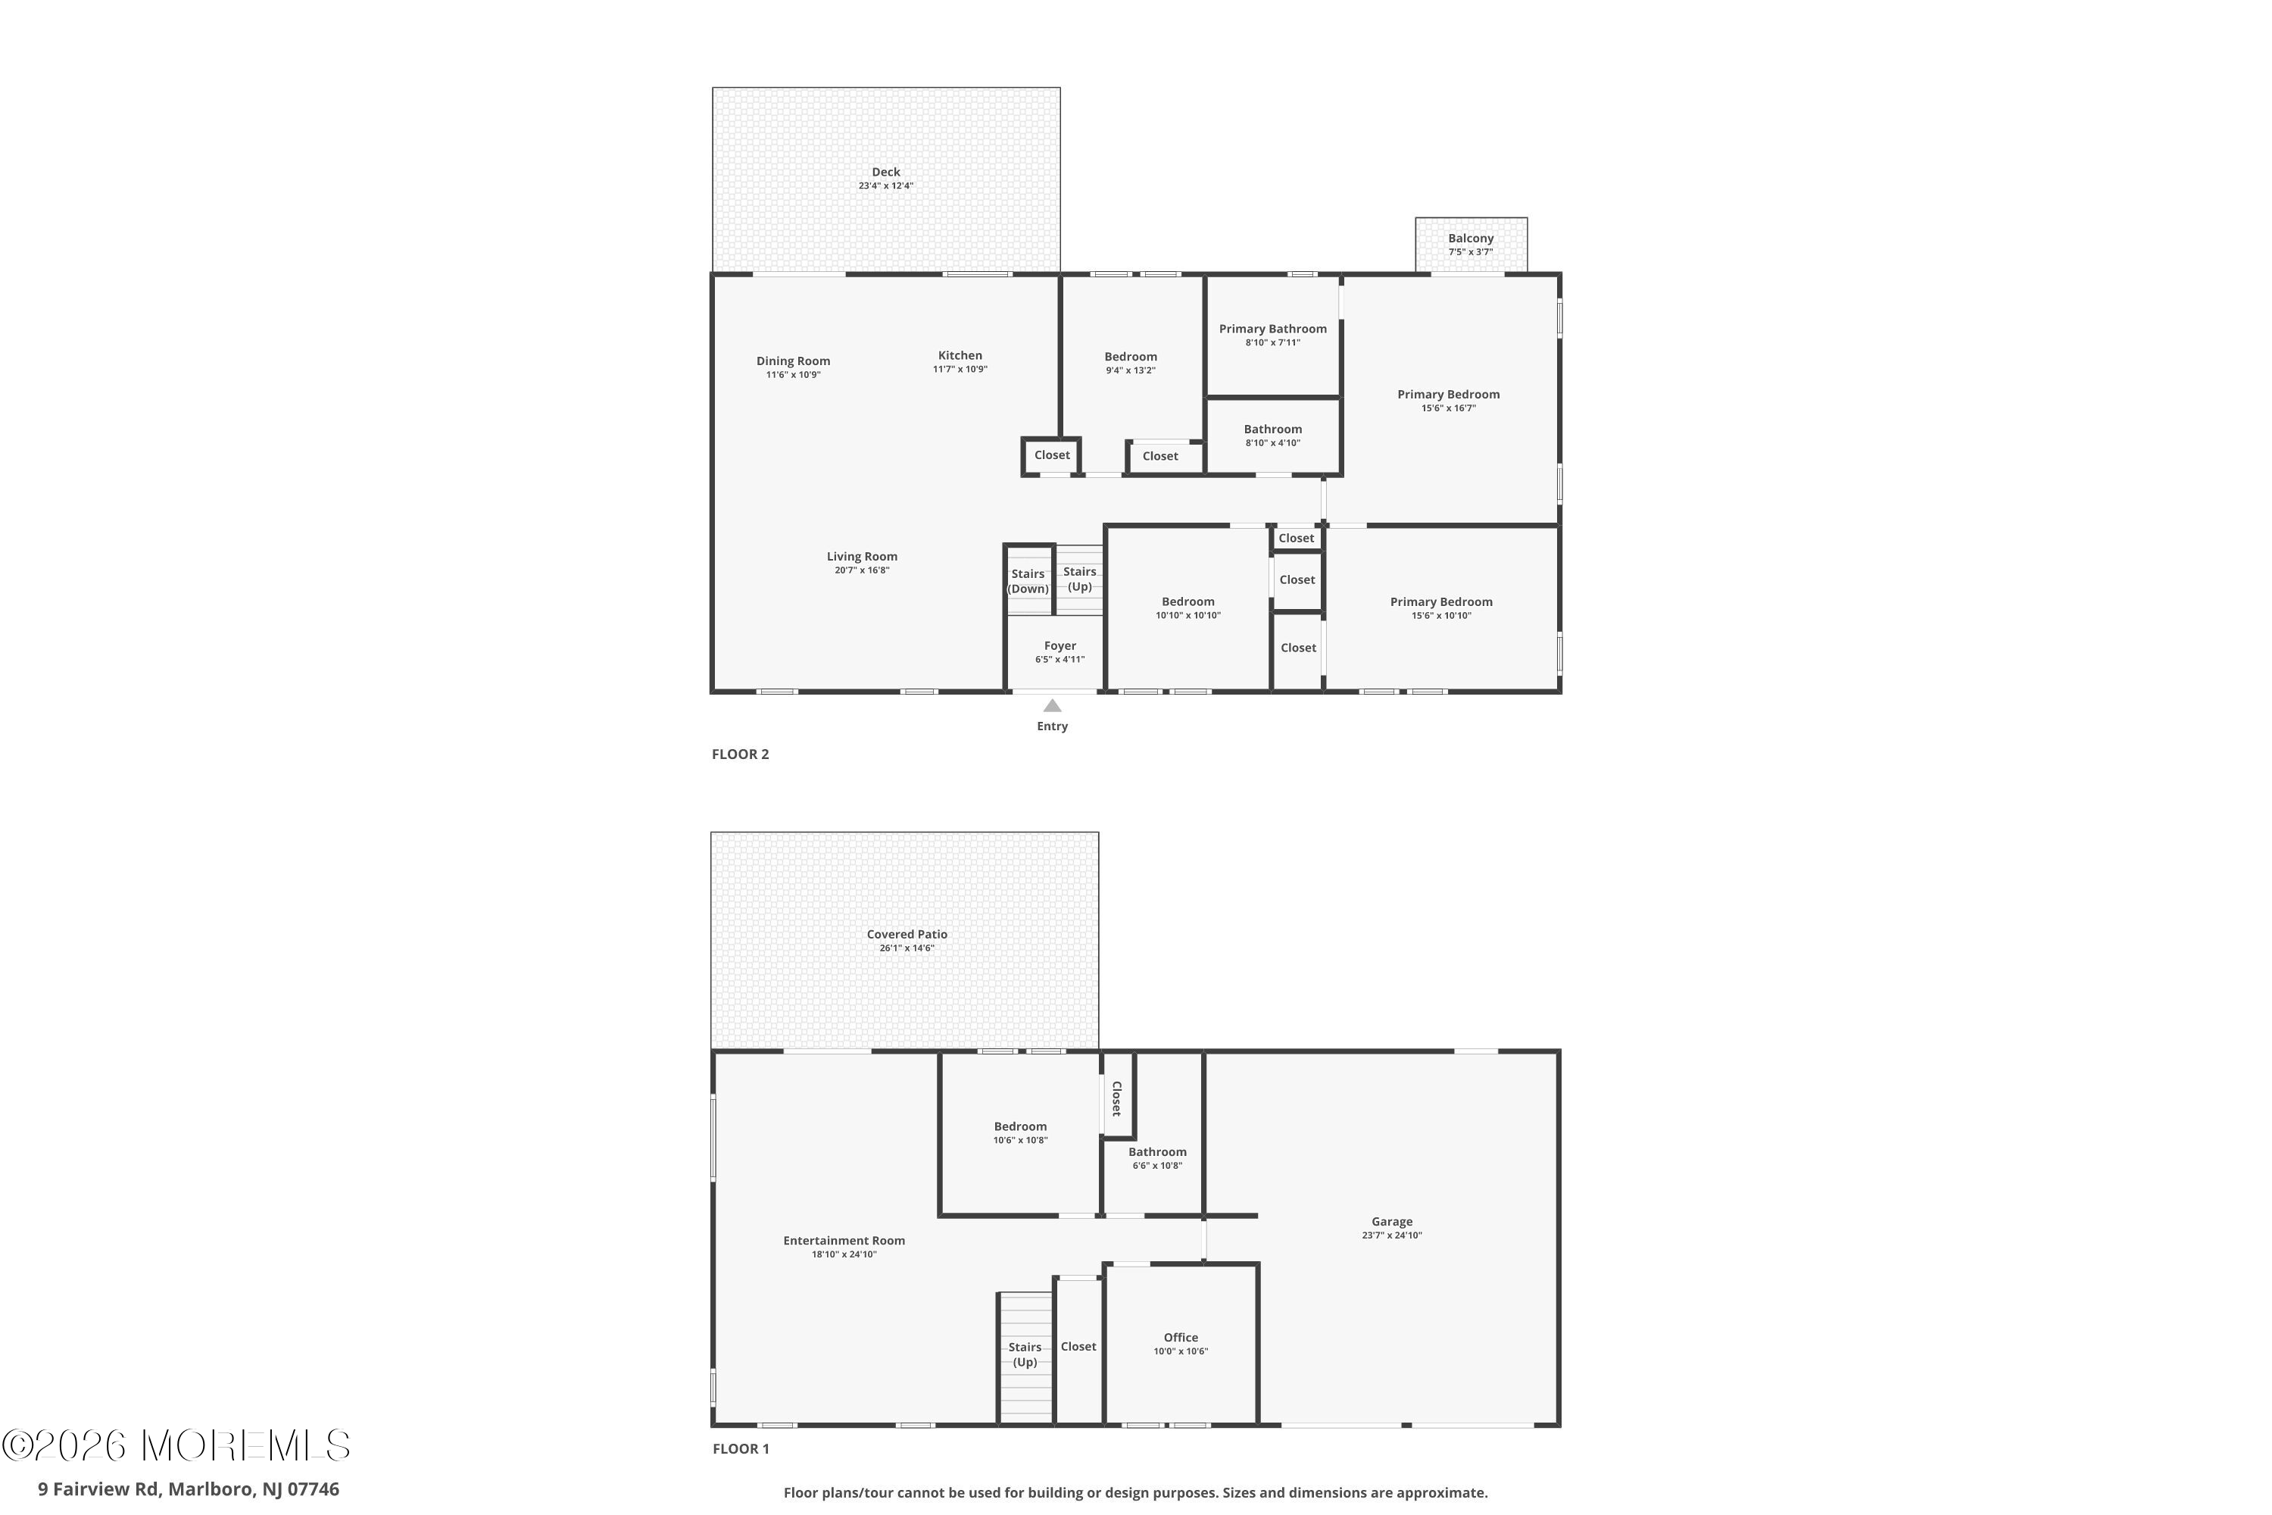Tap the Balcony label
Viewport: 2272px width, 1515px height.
coord(1470,239)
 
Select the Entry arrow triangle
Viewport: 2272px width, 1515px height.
coord(1052,706)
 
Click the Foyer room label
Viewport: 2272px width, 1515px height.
coord(1060,646)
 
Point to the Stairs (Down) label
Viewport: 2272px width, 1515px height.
coord(1028,581)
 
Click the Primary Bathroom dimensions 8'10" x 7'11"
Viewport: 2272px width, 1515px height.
coord(1272,343)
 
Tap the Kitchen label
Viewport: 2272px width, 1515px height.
coord(960,355)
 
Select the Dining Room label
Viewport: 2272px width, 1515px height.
coord(793,361)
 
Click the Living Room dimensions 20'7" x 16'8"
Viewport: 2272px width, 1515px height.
coord(862,571)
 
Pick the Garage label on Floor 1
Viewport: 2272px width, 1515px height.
coord(1391,1221)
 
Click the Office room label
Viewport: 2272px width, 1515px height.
coord(1181,1337)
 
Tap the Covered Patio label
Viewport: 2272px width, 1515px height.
coord(906,934)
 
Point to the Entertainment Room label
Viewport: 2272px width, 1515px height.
coord(844,1241)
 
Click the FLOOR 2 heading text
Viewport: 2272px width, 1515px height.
coord(740,754)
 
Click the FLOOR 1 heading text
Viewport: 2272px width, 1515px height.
coord(740,1448)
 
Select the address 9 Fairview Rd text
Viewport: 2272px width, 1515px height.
coord(189,1489)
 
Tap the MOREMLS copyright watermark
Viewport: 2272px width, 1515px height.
coord(176,1446)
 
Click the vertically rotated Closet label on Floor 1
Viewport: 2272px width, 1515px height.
coord(1116,1098)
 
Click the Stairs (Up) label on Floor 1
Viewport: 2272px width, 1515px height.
coord(1025,1354)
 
